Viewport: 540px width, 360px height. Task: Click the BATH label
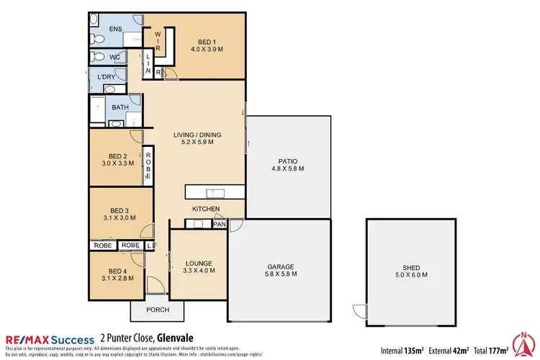[120, 107]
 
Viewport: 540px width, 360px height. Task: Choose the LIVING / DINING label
[197, 135]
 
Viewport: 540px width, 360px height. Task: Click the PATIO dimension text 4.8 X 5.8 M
[288, 168]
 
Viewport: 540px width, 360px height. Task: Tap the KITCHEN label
[205, 209]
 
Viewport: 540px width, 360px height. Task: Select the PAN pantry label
[219, 225]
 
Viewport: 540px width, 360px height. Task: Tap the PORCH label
[157, 310]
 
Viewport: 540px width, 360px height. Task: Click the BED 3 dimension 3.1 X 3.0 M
[119, 217]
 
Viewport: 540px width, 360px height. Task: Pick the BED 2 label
[117, 156]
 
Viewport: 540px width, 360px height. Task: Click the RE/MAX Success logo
[50, 339]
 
